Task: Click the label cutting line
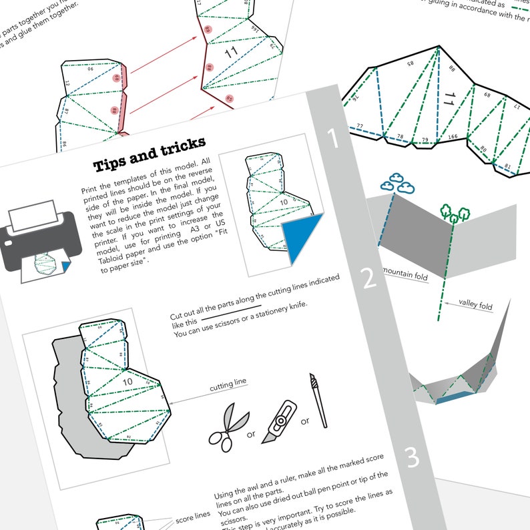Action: [228, 383]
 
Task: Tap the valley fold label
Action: [475, 306]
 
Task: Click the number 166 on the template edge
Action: [453, 137]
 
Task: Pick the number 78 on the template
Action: [401, 136]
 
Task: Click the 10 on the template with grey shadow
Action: [127, 381]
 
